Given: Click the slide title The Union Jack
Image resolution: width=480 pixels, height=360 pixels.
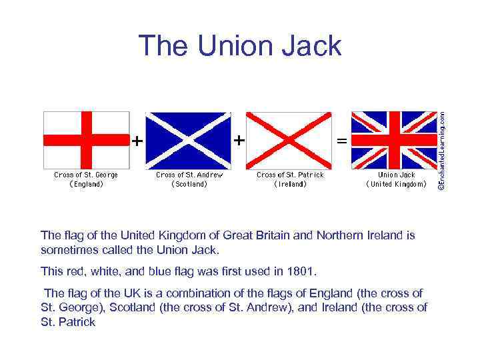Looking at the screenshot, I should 240,46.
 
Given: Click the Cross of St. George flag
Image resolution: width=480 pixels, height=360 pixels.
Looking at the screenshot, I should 86,139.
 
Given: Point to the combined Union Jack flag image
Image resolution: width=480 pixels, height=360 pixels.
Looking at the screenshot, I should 393,139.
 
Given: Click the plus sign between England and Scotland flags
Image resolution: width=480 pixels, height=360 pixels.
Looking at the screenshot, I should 136,141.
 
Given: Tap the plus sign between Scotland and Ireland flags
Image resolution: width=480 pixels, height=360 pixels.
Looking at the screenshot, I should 238,141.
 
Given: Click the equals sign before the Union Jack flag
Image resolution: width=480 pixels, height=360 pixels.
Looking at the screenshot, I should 341,141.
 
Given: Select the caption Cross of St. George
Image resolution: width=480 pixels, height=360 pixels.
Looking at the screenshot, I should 86,175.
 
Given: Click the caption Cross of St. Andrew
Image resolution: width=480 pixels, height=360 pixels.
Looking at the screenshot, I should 189,175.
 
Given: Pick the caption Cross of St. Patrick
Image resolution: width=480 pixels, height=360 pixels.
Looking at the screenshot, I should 291,175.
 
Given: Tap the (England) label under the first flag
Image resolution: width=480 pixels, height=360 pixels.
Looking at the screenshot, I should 86,185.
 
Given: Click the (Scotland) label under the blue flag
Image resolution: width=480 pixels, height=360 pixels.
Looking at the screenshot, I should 189,185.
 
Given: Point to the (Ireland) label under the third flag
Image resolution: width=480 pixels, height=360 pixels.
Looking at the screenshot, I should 291,185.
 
